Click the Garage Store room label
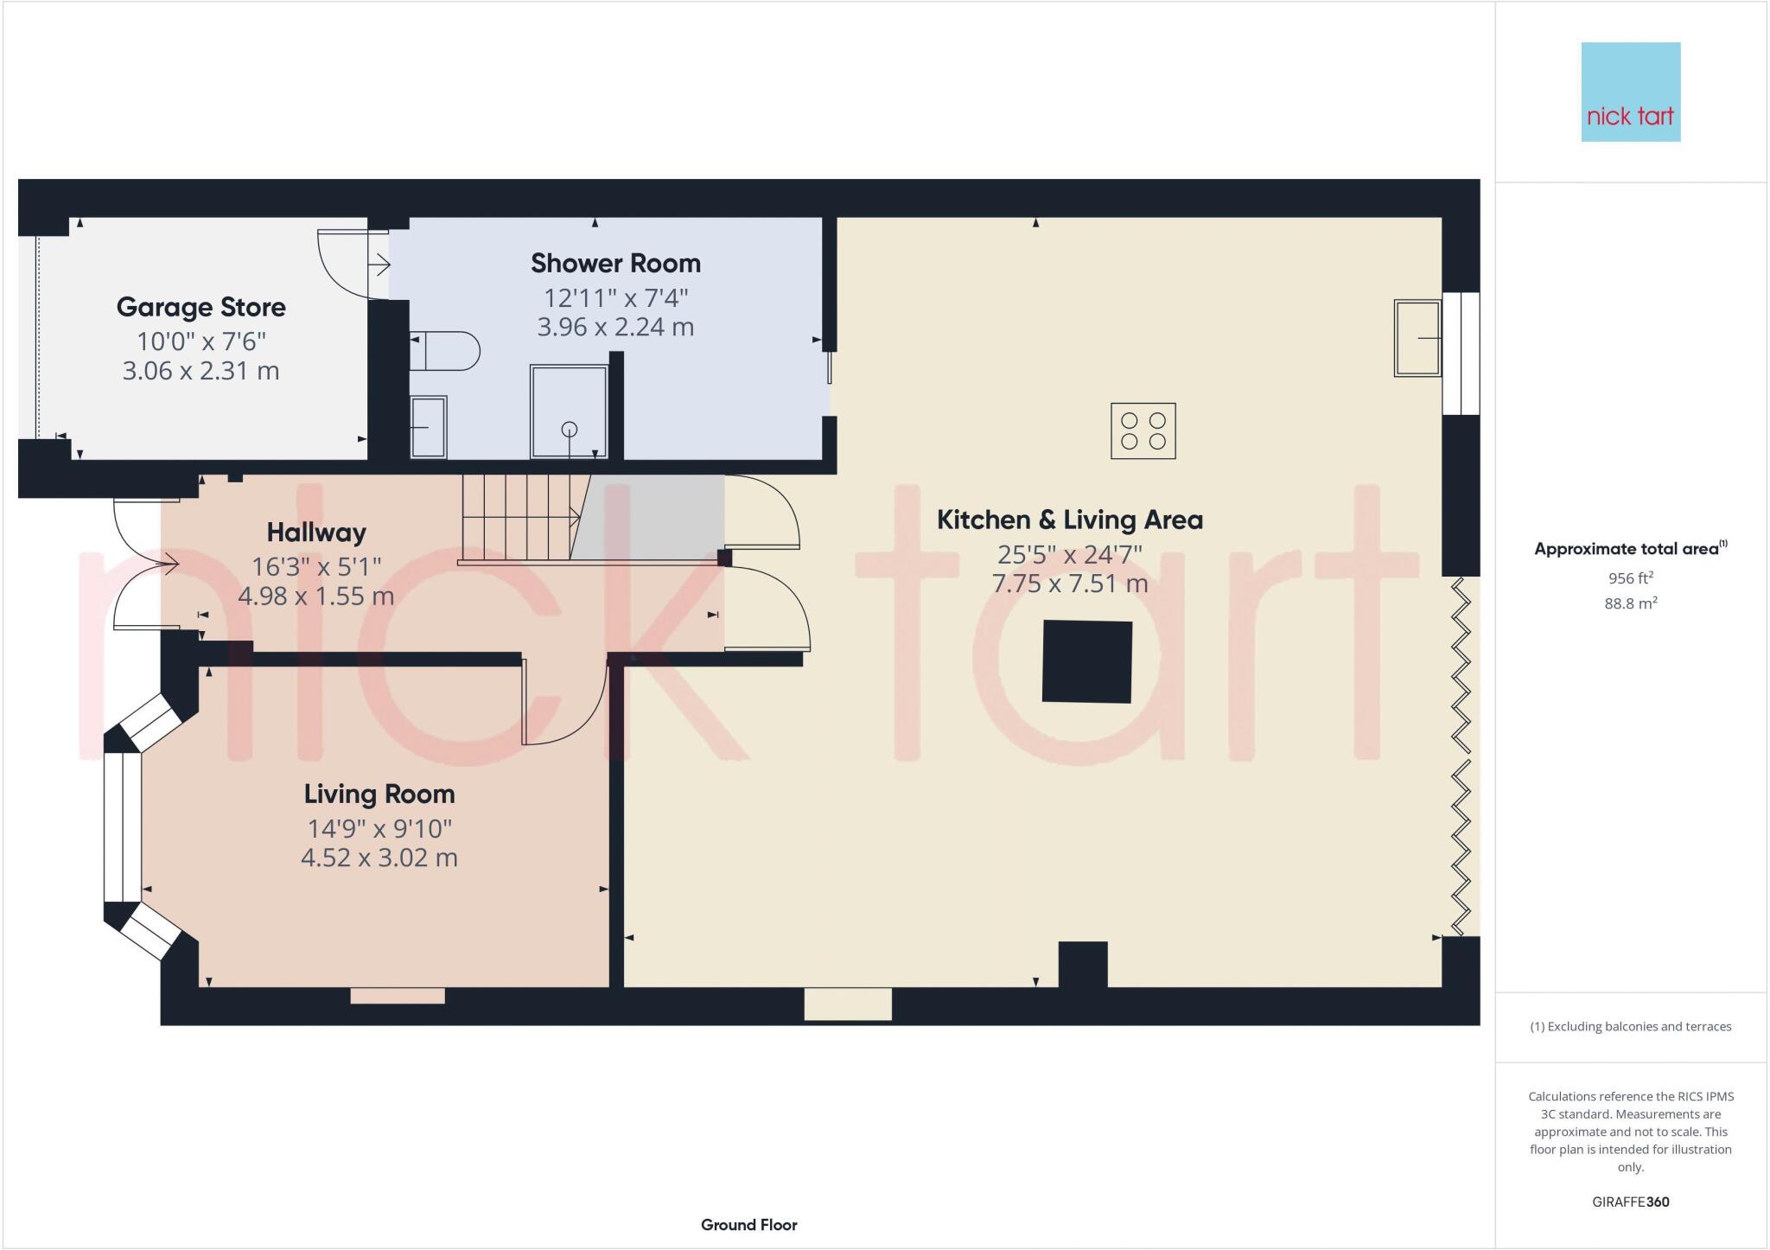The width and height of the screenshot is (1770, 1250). point(201,307)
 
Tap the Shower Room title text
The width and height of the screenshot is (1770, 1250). point(615,263)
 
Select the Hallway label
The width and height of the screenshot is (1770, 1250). point(316,532)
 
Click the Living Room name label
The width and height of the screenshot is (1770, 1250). point(379,794)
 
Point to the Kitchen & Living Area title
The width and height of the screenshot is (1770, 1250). point(1069,520)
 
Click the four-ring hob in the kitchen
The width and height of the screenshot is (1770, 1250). point(1143,430)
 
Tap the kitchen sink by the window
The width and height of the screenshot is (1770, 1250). point(1417,338)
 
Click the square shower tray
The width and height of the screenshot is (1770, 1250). point(569,411)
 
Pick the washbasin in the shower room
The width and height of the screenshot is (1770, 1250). point(428,426)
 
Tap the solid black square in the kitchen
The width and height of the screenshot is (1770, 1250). point(1086,661)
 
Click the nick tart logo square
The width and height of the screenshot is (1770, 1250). point(1630,92)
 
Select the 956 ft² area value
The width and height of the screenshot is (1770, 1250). point(1630,578)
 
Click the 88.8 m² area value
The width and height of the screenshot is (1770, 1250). point(1630,603)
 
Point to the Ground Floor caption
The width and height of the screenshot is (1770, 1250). point(748,1225)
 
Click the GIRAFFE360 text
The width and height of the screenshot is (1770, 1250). point(1630,1202)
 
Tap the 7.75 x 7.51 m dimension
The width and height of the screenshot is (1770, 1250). point(1069,584)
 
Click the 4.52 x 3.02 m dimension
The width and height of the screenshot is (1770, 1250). point(379,858)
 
